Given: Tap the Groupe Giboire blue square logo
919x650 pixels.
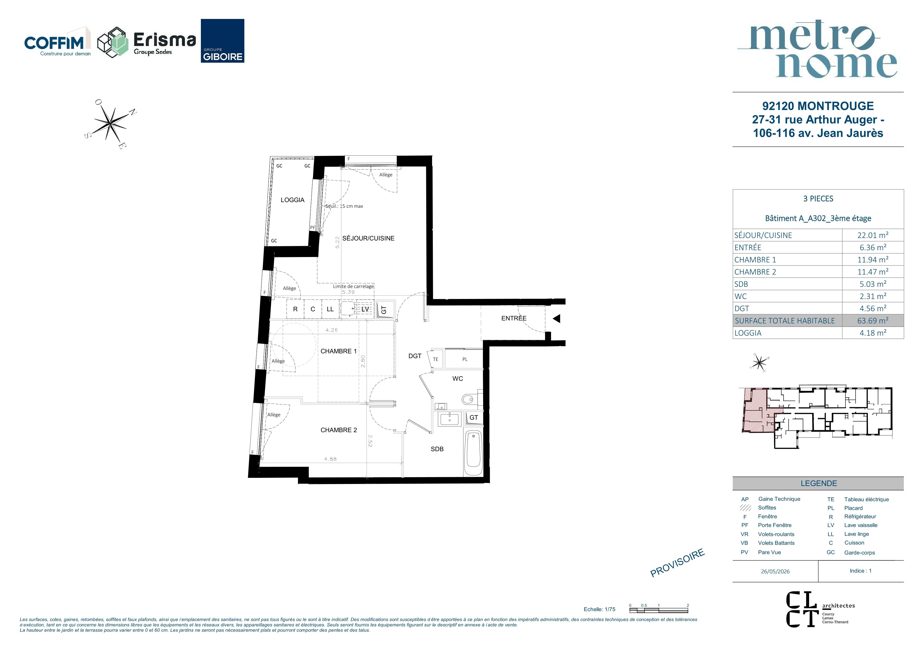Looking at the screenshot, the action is pyautogui.click(x=223, y=41).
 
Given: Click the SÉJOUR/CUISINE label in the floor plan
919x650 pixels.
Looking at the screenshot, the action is pyautogui.click(x=368, y=238).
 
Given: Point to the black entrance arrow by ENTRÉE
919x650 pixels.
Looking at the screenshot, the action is pyautogui.click(x=556, y=319).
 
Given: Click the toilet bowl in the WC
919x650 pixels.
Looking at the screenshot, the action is pyautogui.click(x=468, y=399).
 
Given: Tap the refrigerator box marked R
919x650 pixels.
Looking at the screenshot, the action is pyautogui.click(x=295, y=309).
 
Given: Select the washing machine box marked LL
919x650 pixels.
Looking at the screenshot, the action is pyautogui.click(x=330, y=309).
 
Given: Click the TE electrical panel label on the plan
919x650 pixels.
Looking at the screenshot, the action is pyautogui.click(x=435, y=359).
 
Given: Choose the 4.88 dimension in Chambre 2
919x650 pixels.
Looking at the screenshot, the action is pyautogui.click(x=330, y=459).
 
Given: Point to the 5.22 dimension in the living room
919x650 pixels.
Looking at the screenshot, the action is pyautogui.click(x=337, y=242).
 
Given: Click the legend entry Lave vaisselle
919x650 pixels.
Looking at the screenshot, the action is pyautogui.click(x=861, y=525).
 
